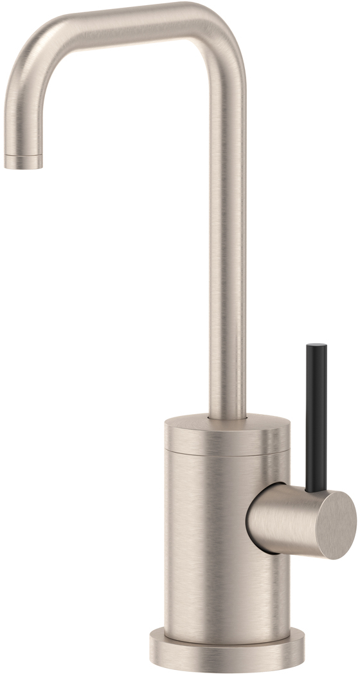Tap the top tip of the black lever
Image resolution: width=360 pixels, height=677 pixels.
click(316, 347)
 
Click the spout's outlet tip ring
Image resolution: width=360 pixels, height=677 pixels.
click(23, 162)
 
